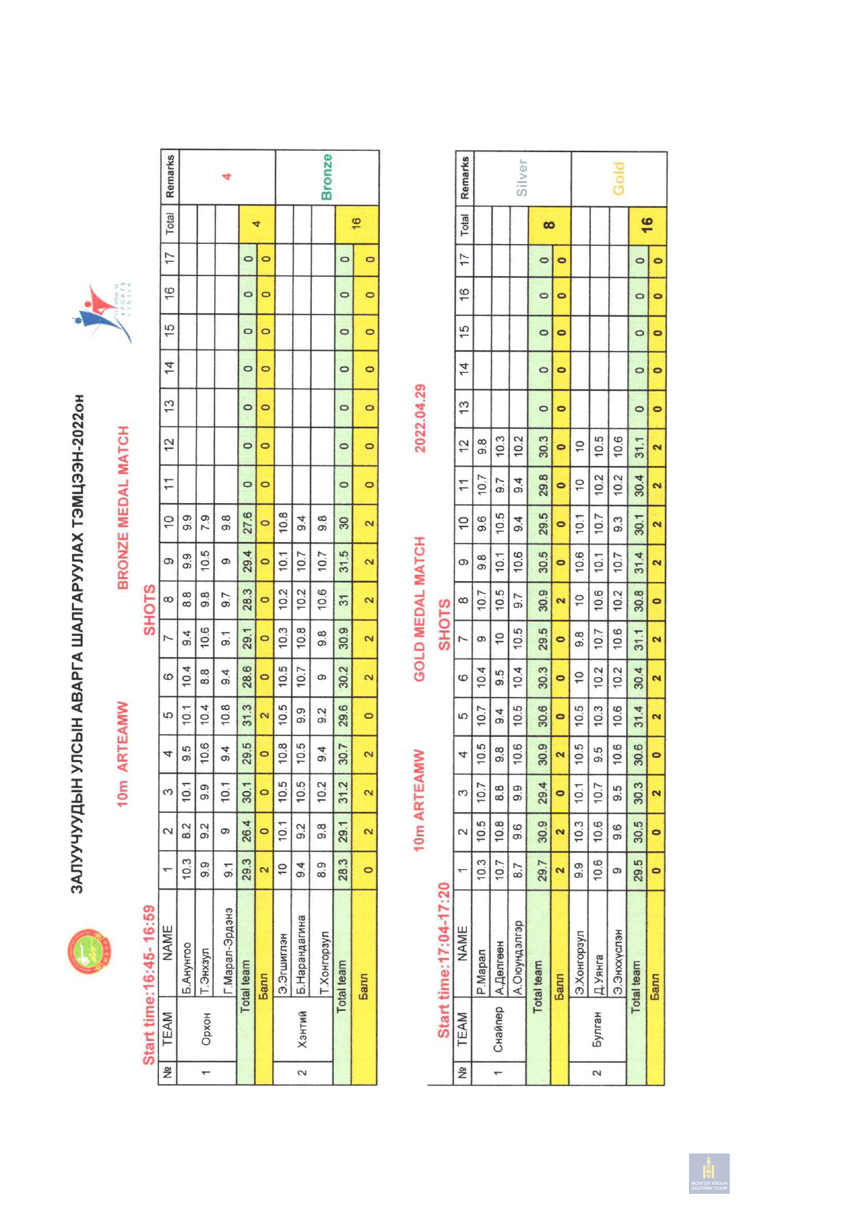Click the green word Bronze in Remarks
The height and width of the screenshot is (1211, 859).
pyautogui.click(x=327, y=176)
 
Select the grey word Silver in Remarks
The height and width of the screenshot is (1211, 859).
pyautogui.click(x=522, y=178)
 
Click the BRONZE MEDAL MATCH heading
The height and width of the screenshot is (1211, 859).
pyautogui.click(x=124, y=508)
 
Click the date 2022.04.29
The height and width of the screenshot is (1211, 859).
pyautogui.click(x=420, y=418)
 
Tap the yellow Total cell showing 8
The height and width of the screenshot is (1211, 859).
pyautogui.click(x=548, y=223)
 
